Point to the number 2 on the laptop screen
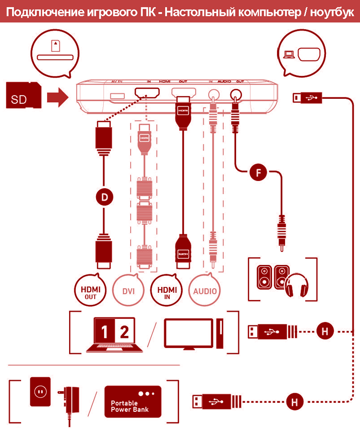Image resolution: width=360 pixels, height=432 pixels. point(124,332)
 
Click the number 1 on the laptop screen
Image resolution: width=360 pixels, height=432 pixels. point(105,332)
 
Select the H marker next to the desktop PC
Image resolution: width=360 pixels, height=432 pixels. point(325,331)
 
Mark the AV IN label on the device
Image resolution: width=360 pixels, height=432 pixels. point(117,82)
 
